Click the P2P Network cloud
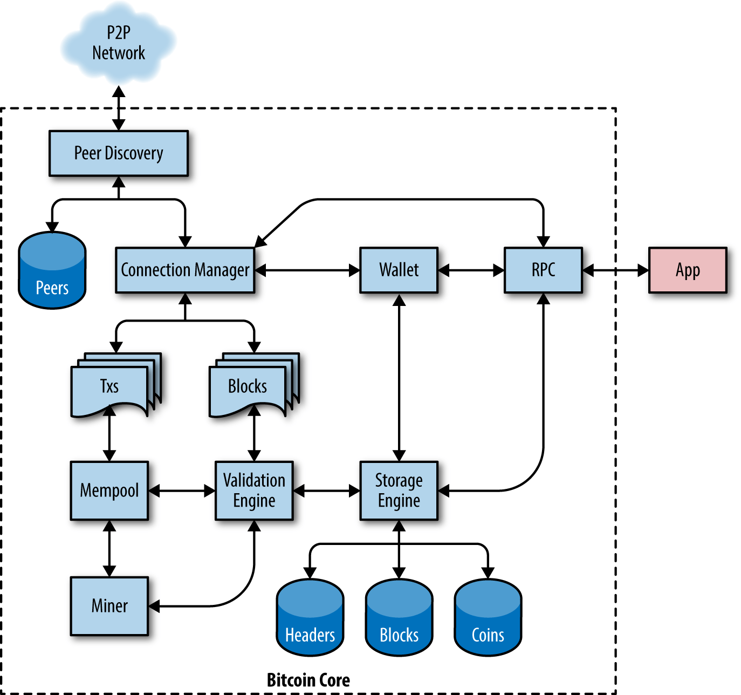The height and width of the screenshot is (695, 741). [119, 43]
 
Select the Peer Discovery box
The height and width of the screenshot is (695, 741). [119, 153]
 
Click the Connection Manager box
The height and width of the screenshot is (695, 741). [185, 270]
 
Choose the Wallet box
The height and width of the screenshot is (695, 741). [399, 270]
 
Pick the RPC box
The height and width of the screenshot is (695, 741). [543, 270]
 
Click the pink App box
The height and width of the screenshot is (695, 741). [688, 270]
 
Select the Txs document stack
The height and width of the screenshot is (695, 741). [111, 386]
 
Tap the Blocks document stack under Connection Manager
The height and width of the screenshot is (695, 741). [249, 386]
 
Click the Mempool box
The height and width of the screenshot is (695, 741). [109, 490]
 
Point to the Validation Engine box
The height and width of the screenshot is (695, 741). [254, 490]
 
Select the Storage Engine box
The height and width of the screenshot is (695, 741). [399, 490]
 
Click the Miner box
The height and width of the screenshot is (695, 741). [109, 606]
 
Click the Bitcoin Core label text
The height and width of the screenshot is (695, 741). [308, 680]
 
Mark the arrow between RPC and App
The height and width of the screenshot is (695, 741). [615, 270]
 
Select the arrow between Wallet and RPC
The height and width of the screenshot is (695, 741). [471, 270]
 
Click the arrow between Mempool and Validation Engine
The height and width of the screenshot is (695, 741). [182, 491]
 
